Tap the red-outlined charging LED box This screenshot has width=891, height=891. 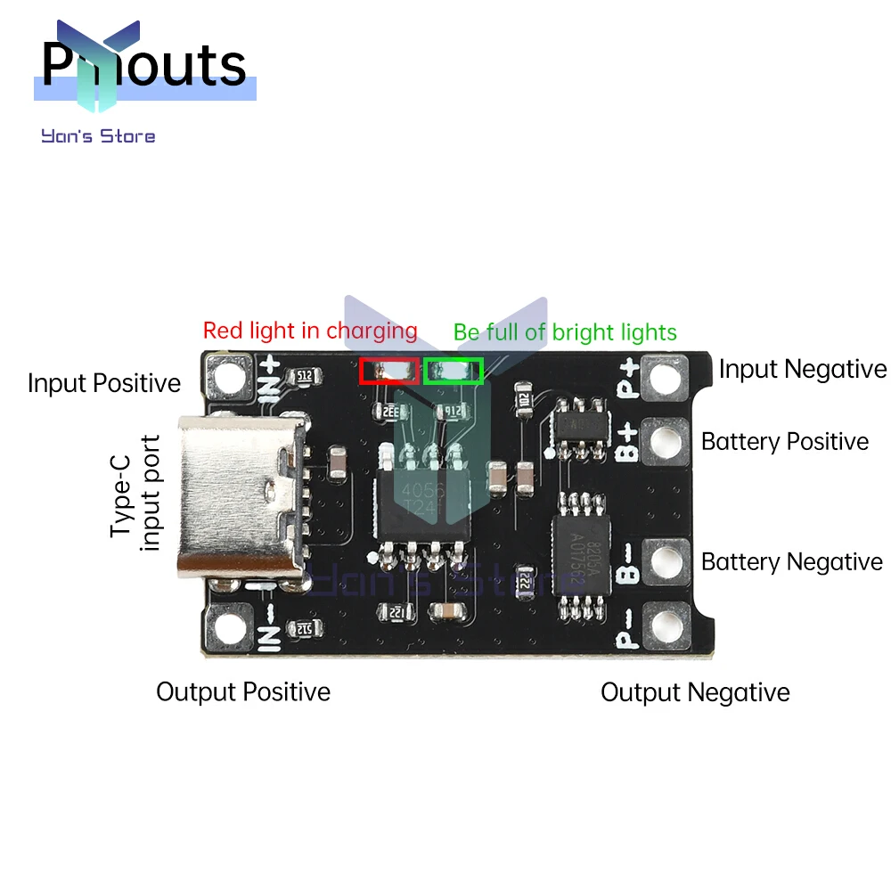tap(389, 371)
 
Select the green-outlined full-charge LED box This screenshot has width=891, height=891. tap(454, 371)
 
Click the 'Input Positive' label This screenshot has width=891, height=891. tap(104, 384)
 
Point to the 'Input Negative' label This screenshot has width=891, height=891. tap(803, 369)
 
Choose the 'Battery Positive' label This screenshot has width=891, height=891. tap(785, 442)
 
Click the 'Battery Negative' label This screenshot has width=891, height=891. tap(792, 562)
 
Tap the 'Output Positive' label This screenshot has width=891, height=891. tap(243, 692)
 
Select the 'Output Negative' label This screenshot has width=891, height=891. tap(695, 693)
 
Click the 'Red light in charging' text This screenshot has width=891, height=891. tap(310, 331)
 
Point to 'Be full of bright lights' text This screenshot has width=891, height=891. tap(565, 333)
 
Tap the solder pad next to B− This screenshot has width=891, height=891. tap(669, 562)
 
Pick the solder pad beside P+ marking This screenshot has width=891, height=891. tap(669, 375)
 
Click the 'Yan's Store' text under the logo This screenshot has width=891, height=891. tap(98, 136)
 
